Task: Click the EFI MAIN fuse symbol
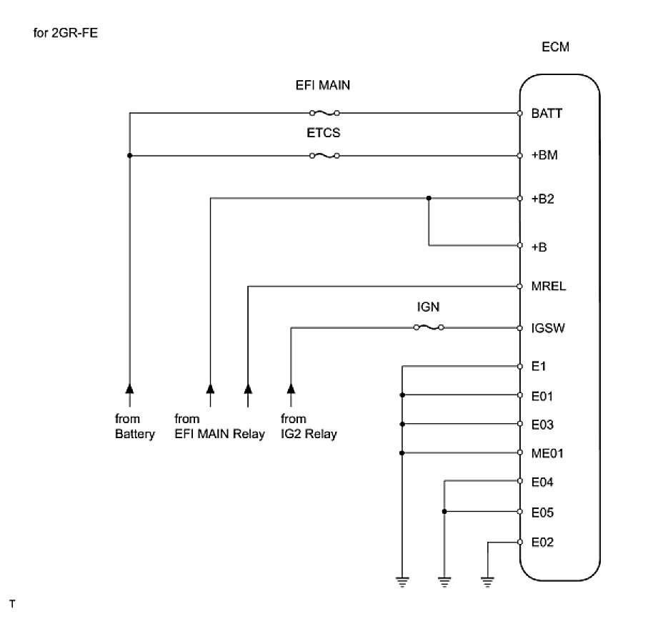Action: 324,113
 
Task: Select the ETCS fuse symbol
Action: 324,156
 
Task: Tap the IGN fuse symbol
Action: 429,328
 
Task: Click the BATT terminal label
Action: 546,114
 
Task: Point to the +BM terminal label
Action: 544,157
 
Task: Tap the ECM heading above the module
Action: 556,47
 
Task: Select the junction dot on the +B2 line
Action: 429,199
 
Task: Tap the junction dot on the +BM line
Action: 129,156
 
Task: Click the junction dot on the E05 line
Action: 445,512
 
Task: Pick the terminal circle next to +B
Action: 520,246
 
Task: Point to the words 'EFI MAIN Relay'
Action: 219,435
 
